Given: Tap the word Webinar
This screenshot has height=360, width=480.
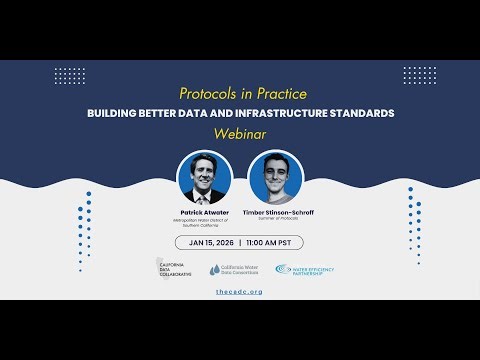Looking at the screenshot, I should (239, 131).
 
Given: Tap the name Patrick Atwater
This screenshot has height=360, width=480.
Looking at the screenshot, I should (204, 212).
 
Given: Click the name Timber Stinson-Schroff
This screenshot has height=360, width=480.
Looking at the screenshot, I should (274, 212).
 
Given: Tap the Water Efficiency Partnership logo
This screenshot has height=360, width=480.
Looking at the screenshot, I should (305, 270).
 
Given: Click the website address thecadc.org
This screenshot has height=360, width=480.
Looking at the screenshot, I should (239, 291).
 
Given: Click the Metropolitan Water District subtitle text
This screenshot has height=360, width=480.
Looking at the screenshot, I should (204, 222).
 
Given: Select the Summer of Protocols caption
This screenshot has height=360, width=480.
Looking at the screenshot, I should (274, 219).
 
